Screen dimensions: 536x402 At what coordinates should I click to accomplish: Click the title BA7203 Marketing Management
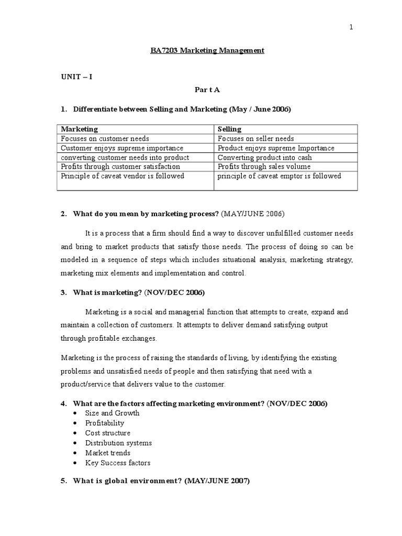(204, 51)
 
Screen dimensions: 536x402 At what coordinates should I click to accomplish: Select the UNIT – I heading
(77, 76)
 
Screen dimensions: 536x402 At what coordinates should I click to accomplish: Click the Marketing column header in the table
(80, 129)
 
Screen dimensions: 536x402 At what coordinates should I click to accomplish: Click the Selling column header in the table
(229, 129)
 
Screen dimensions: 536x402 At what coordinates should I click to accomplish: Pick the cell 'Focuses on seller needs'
(255, 139)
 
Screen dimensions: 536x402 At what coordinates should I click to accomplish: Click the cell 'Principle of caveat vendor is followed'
(122, 176)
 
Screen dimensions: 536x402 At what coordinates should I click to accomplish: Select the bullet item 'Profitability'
(105, 423)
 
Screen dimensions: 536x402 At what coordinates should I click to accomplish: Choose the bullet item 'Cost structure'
(108, 433)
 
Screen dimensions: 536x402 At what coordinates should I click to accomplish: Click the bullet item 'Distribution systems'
(118, 443)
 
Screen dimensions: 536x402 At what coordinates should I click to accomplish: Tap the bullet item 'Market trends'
(108, 453)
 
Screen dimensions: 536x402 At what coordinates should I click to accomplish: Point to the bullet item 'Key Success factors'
(118, 463)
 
